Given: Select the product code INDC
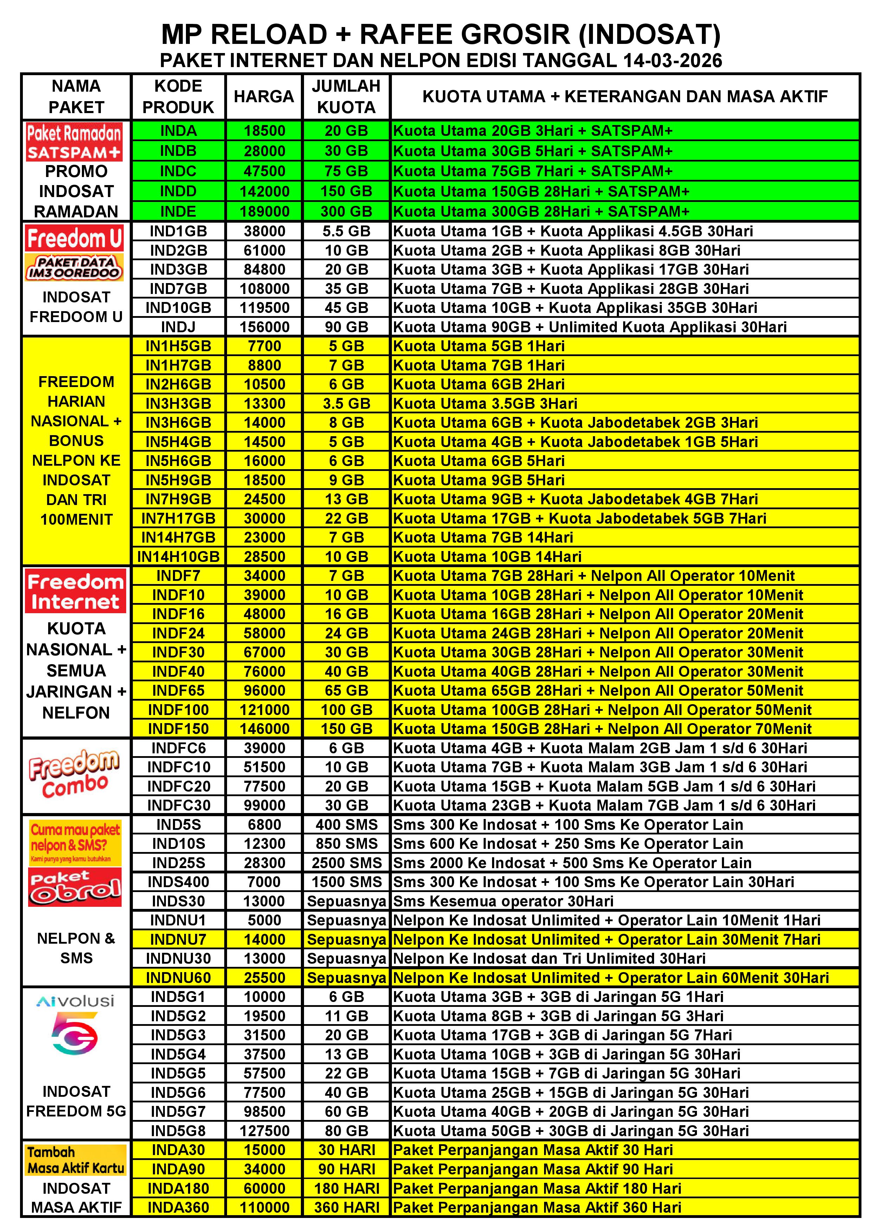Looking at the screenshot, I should [x=178, y=171].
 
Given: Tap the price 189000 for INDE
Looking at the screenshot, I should [x=264, y=211].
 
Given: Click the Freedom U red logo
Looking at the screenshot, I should [x=75, y=238].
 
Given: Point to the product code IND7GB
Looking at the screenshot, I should [x=178, y=289].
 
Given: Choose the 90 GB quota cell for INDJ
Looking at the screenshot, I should [x=346, y=327].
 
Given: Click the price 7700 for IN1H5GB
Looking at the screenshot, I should [x=264, y=346].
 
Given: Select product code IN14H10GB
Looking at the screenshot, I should [x=178, y=556].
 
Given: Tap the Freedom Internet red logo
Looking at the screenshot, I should [x=75, y=591].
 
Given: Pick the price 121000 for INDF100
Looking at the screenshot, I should [x=264, y=709].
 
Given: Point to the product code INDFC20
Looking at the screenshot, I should [x=178, y=786].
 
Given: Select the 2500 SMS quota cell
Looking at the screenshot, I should [x=346, y=863].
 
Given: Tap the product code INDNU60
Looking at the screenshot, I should [x=178, y=978].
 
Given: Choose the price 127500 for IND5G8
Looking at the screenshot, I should [x=264, y=1131].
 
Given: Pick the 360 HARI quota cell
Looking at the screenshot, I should [x=346, y=1207].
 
